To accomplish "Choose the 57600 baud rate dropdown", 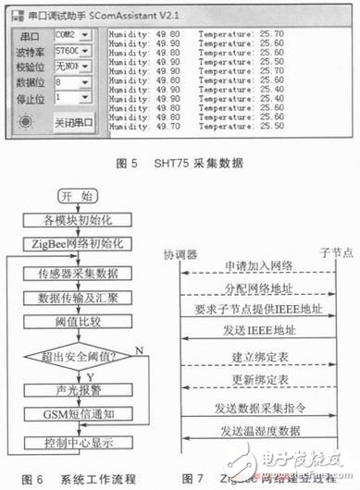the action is pyautogui.click(x=72, y=51).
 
